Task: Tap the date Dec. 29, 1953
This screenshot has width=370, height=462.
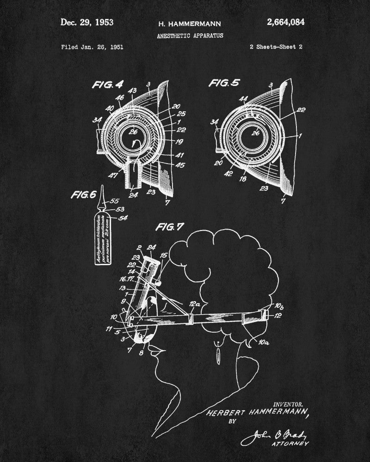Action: [x=87, y=22]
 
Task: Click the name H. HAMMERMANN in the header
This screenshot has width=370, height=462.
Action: [x=184, y=24]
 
